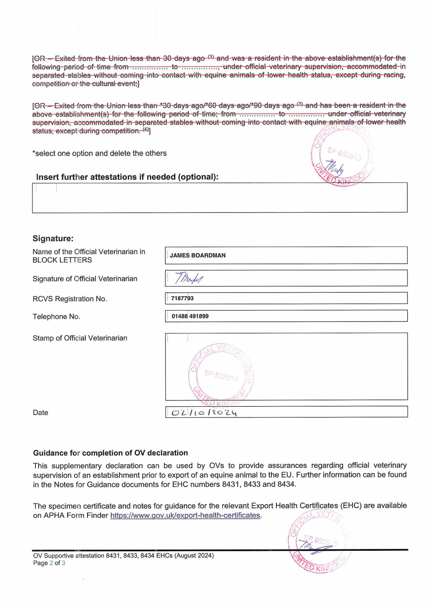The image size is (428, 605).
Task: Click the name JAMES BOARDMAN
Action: pos(197,255)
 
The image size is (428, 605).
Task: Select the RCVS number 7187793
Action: pos(182,298)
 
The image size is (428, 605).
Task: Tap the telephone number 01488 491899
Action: pos(190,316)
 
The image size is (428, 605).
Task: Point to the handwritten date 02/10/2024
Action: pos(204,413)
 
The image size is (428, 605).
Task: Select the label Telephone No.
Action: pos(56,316)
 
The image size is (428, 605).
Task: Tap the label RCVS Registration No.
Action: pos(70,299)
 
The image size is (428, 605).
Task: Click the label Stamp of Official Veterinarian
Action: pos(80,338)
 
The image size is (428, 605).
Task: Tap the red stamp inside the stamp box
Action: pos(221,374)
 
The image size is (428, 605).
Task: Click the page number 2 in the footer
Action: pos(51,563)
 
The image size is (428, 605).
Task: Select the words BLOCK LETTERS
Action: pos(62,260)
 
